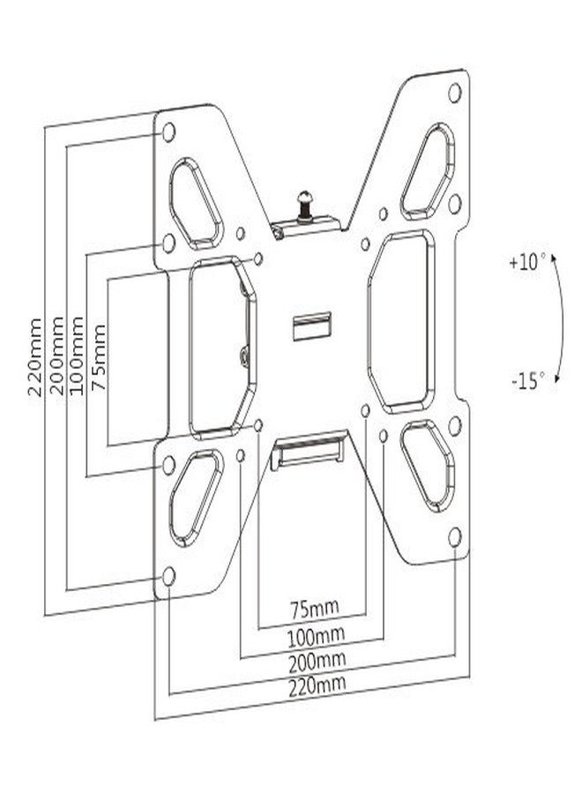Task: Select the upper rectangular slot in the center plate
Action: (311, 325)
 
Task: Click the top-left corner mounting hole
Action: (168, 133)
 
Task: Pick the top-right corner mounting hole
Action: (455, 92)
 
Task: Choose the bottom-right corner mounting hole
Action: (455, 536)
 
